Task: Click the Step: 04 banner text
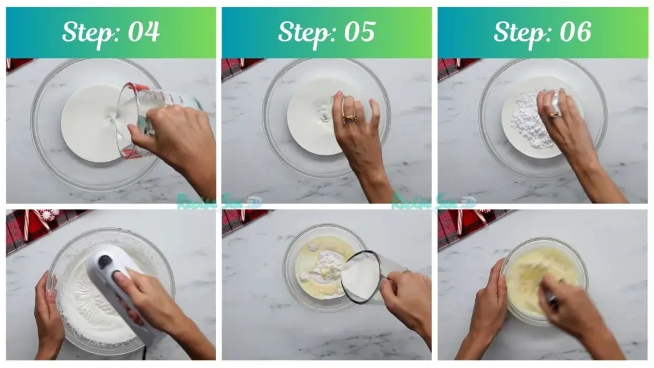(x=110, y=33)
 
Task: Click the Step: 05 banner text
(x=326, y=33)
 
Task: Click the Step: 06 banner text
(x=542, y=33)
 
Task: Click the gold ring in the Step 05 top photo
(x=349, y=117)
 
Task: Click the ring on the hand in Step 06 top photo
(x=553, y=114)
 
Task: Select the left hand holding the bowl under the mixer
(x=49, y=313)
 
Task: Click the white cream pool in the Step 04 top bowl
(x=89, y=121)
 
